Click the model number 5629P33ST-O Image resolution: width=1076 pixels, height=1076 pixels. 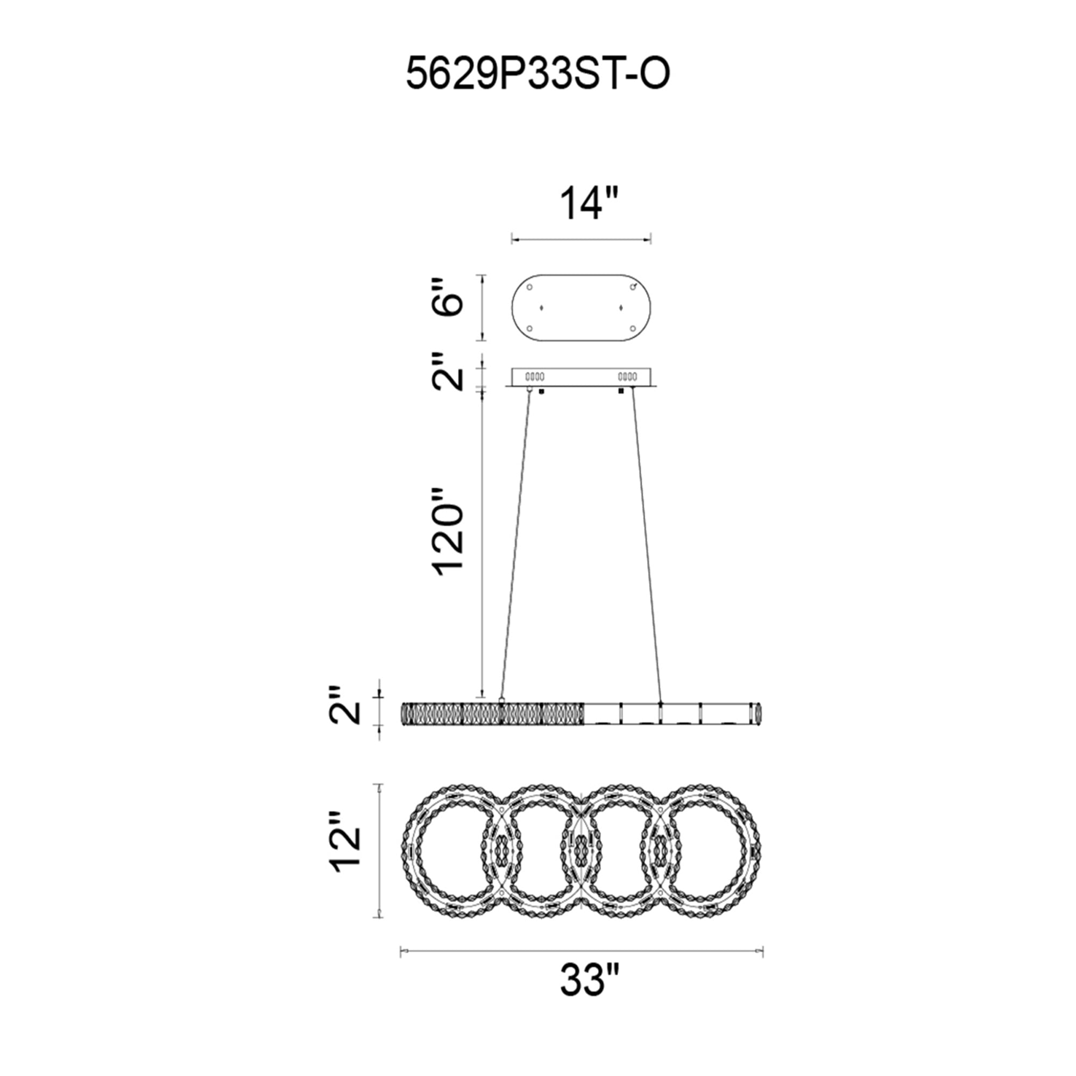tap(537, 76)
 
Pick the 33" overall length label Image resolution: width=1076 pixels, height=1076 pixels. tap(590, 995)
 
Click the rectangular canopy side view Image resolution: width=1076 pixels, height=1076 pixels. tap(582, 377)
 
